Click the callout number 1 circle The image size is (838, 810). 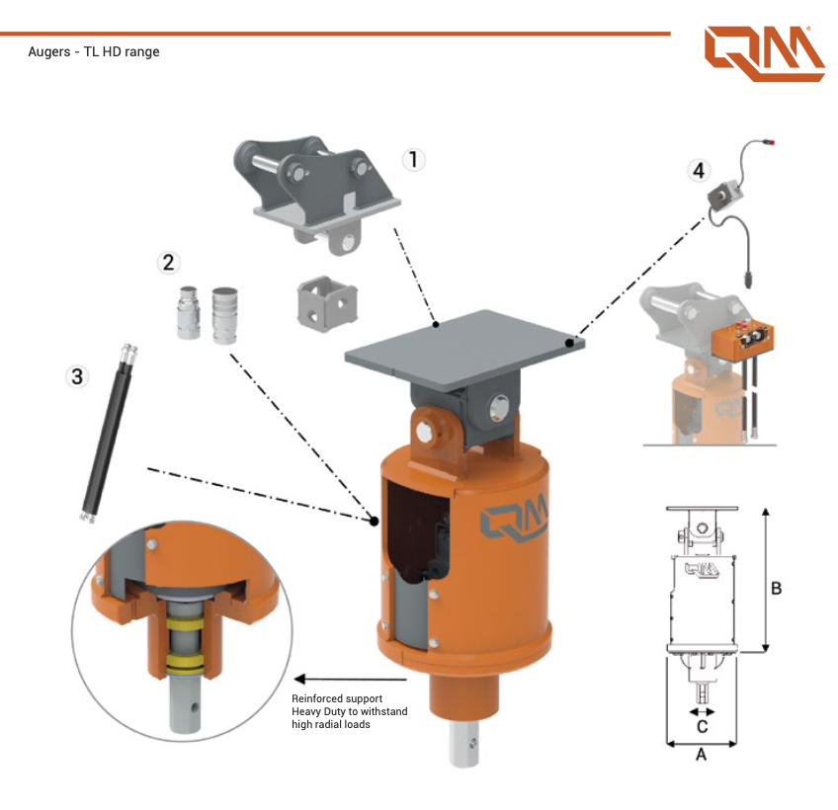tap(414, 159)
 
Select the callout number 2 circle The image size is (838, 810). tap(168, 262)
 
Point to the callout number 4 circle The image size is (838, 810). tap(699, 170)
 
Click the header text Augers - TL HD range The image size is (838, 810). tap(94, 51)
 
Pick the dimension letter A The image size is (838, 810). tap(702, 756)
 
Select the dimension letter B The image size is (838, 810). tap(777, 588)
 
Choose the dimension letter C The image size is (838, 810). tap(702, 726)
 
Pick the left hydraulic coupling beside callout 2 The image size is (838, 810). tap(188, 314)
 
